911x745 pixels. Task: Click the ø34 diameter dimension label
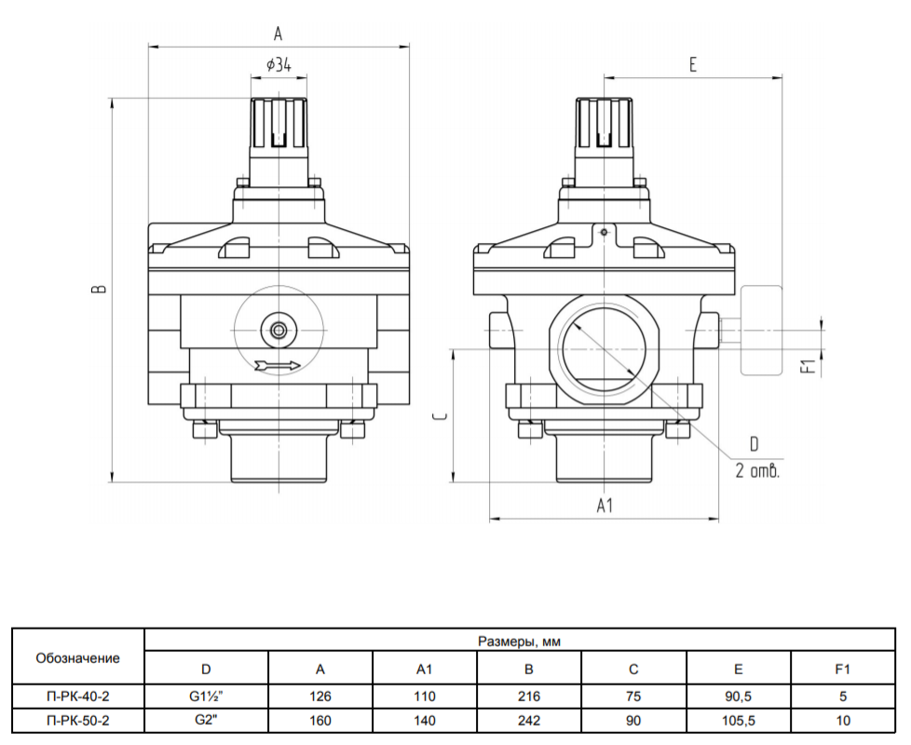[x=279, y=64]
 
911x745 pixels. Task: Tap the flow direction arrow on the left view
[x=278, y=365]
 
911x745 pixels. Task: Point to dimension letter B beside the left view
[x=100, y=288]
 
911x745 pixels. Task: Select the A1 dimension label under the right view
[x=605, y=506]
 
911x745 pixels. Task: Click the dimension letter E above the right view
[x=692, y=64]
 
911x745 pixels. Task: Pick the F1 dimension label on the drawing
[x=809, y=366]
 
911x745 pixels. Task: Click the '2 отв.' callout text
[x=757, y=470]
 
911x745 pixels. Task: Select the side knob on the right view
[x=760, y=330]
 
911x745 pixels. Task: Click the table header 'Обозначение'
[x=78, y=657]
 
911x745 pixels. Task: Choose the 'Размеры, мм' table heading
[x=519, y=641]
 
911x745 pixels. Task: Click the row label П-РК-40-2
[x=78, y=696]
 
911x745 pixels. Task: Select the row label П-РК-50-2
[x=78, y=721]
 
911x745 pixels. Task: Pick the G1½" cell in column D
[x=206, y=696]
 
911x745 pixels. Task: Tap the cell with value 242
[x=529, y=721]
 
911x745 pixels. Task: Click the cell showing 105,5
[x=738, y=721]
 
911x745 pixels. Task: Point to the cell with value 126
[x=320, y=696]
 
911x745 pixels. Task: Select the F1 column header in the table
[x=842, y=670]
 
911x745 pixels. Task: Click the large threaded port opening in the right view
[x=605, y=349]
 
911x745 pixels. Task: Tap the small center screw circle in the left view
[x=279, y=331]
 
